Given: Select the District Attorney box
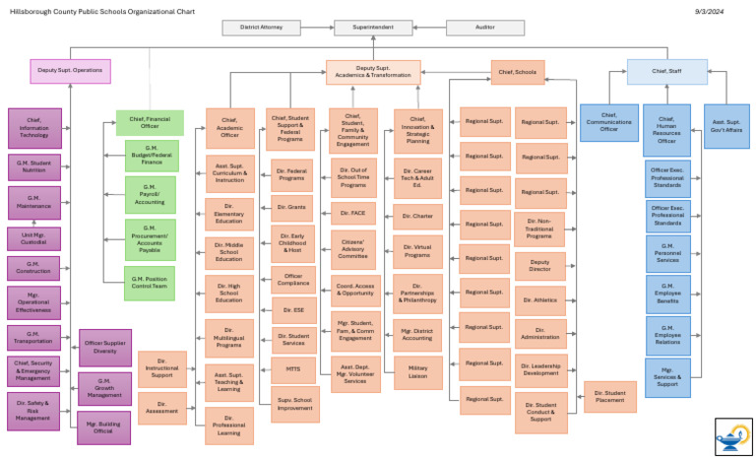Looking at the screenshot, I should point(261,28).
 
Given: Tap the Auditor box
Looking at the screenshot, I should point(485,28).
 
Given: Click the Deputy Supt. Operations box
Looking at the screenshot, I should point(71,71).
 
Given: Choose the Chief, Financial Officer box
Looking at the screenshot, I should point(150,122).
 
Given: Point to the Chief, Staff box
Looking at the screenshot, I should point(666,71).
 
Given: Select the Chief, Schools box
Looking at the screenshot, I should point(518,72).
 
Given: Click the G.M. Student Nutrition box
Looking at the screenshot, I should point(35,166).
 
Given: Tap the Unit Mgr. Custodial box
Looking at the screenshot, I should point(35,237).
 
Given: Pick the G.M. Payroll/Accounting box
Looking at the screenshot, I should point(150,194).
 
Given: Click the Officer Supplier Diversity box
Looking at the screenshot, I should point(104,347).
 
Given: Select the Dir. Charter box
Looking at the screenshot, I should point(418,216).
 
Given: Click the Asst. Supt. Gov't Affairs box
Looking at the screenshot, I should point(726,126).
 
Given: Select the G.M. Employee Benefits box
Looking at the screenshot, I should point(667,295).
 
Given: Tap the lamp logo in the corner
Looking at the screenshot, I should point(732,435).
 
